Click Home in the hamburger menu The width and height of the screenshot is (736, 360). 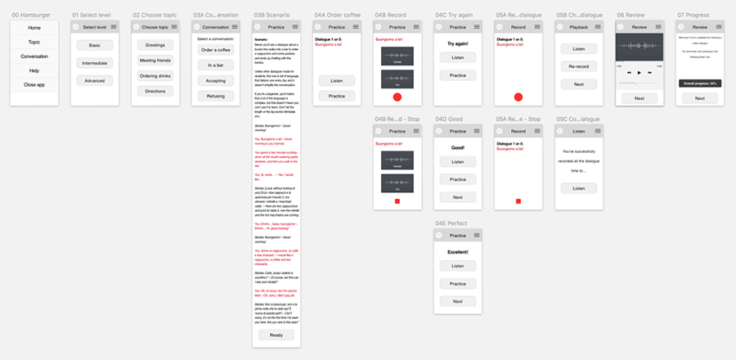click(34, 28)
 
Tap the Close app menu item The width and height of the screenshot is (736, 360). click(34, 85)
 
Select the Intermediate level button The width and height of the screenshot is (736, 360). click(95, 63)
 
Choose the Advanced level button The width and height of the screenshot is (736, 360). click(95, 81)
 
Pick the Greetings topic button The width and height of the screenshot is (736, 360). click(155, 46)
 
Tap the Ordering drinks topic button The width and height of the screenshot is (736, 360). click(155, 76)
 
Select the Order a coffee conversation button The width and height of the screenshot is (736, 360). click(216, 50)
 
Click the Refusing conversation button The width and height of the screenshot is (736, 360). click(216, 96)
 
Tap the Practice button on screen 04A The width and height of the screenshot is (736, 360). click(336, 97)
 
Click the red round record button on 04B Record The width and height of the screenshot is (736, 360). click(397, 97)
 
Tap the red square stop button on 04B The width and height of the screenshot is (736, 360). click(397, 201)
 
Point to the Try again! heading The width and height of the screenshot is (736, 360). click(457, 43)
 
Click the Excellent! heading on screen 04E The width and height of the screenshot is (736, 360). click(457, 252)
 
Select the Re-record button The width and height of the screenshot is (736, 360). click(578, 66)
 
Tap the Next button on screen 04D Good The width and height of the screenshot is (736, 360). click(457, 197)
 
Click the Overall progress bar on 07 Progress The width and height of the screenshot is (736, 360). click(699, 83)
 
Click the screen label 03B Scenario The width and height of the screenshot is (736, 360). click(270, 15)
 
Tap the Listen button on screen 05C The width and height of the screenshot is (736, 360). click(578, 188)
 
